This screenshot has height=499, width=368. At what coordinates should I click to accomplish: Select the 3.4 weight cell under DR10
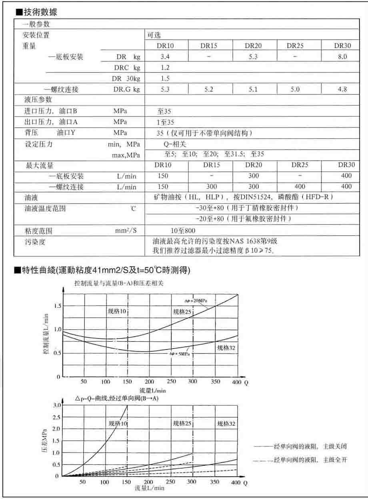[165, 56]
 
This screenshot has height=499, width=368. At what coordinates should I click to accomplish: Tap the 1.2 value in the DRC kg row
[165, 68]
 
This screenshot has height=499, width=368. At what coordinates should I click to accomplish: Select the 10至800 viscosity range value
[183, 231]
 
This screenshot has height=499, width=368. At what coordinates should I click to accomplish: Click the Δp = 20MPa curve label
[196, 301]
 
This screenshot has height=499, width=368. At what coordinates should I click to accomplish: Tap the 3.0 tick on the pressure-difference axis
[56, 405]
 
